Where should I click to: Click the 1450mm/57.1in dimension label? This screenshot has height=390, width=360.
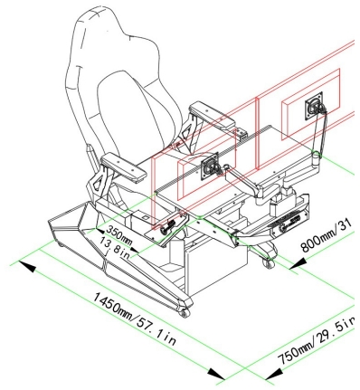[134, 319]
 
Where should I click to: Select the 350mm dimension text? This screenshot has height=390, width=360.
[119, 234]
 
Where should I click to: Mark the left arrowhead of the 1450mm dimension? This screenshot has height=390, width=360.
[27, 266]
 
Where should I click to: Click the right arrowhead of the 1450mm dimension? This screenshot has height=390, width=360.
[217, 374]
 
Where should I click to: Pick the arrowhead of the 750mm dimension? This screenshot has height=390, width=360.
[274, 374]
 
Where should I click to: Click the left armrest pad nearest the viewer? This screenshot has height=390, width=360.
[124, 166]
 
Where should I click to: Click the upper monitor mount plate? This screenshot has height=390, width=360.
[314, 106]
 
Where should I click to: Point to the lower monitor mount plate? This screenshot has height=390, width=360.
[210, 166]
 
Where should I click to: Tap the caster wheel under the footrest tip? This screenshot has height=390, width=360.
[185, 313]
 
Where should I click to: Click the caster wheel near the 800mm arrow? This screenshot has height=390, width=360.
[269, 263]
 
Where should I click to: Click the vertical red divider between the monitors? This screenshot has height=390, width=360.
[257, 133]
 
